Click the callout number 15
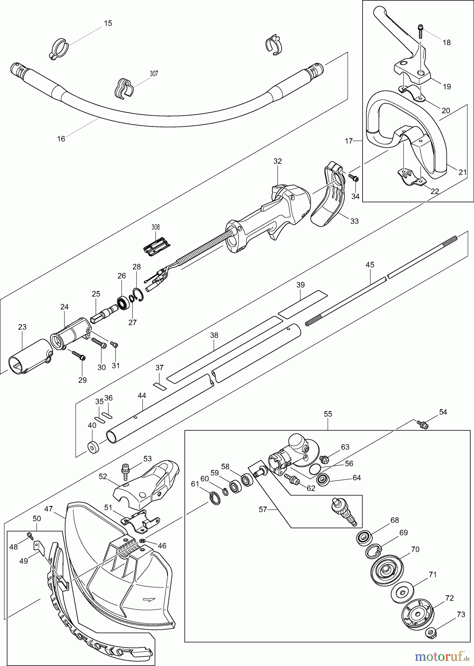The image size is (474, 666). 108,23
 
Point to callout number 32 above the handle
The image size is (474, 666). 278,161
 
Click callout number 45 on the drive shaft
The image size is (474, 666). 370,265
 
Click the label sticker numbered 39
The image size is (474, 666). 303,304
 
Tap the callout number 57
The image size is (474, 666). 262,509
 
